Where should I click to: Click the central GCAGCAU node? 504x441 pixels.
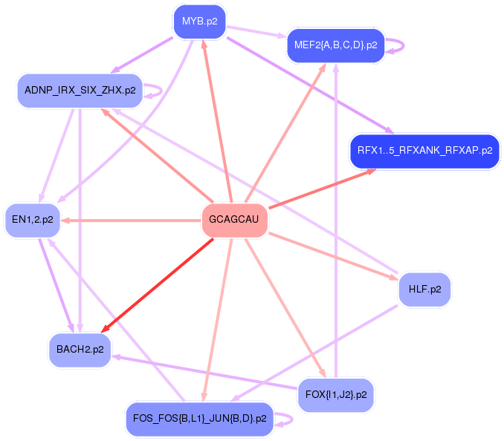tap(234, 220)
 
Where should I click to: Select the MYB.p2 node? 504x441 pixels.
tap(199, 22)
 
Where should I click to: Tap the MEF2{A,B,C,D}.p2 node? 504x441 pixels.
tap(335, 45)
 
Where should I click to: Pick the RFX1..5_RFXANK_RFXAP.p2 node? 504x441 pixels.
tap(424, 151)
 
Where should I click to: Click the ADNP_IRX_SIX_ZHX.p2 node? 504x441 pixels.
tap(80, 91)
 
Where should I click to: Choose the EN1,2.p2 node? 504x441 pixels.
tap(32, 220)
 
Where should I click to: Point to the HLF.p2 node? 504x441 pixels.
tap(424, 289)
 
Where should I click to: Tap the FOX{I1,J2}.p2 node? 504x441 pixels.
tap(335, 395)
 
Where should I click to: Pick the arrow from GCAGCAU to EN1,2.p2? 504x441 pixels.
tap(134, 220)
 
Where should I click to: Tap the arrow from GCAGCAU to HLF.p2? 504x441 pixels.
tap(335, 256)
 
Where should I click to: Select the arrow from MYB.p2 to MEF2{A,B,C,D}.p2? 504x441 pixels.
tap(256, 32)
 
